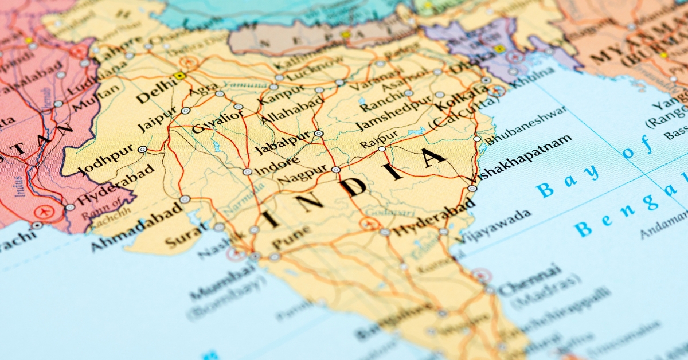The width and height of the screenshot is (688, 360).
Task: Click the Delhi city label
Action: pos(156,92)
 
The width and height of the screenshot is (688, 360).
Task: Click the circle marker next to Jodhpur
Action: pos(142,149)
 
